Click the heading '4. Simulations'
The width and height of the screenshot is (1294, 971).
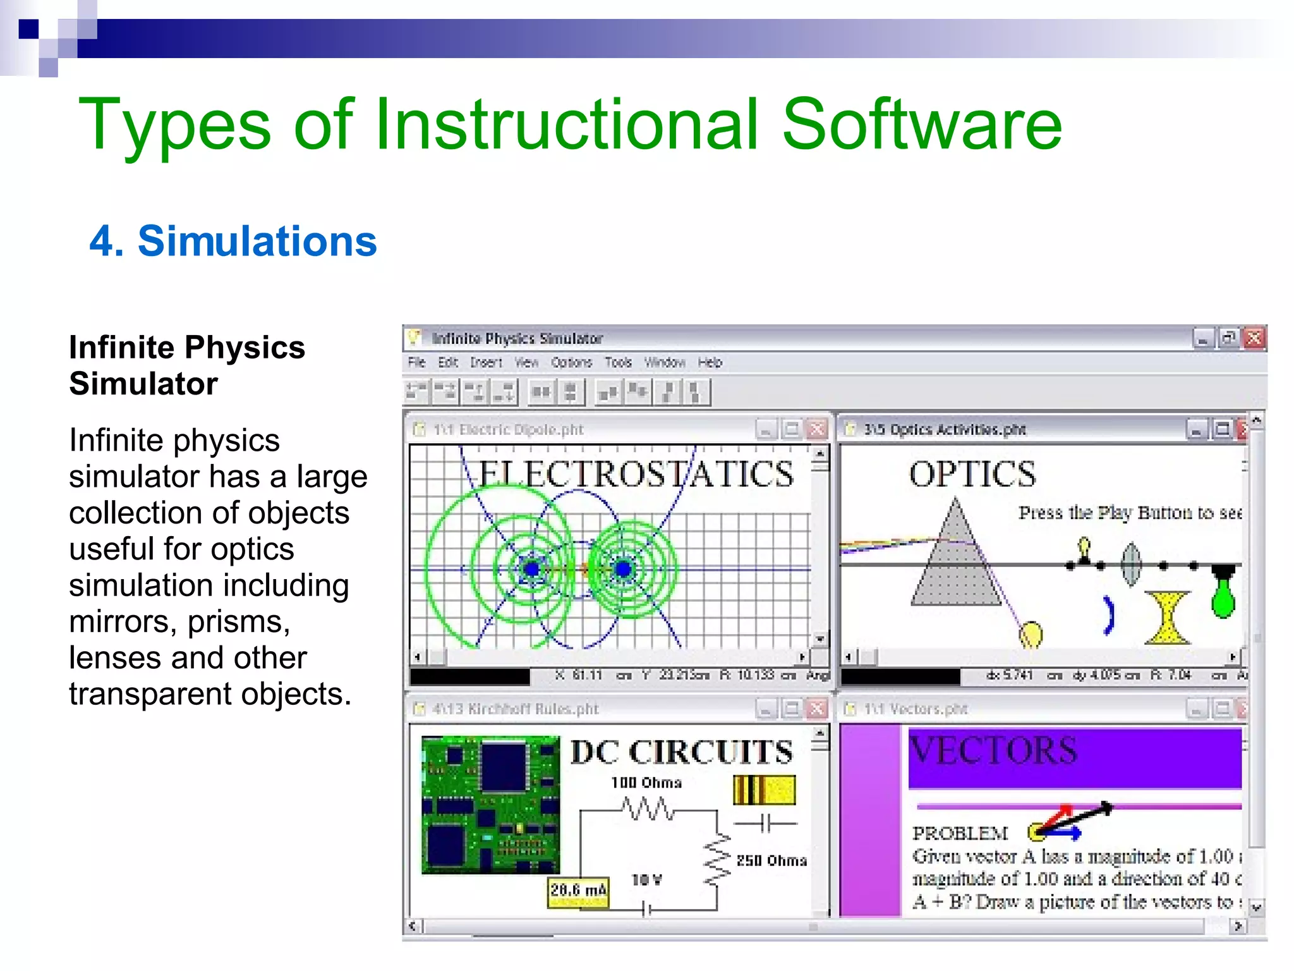click(x=233, y=241)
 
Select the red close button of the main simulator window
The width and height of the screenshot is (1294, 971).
click(x=1254, y=338)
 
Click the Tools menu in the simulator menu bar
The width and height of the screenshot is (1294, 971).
click(x=618, y=362)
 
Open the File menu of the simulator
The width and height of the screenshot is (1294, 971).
click(x=416, y=362)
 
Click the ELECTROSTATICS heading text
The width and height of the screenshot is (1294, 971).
click(x=636, y=474)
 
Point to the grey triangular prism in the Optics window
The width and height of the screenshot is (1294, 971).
click(x=955, y=563)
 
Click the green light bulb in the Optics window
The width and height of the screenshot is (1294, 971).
click(x=1223, y=597)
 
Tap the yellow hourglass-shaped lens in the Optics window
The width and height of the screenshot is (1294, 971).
click(x=1167, y=618)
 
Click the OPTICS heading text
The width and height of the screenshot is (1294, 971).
click(x=972, y=474)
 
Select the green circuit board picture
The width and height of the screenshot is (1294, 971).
click(x=490, y=804)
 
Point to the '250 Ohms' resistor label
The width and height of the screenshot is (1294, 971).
click(x=771, y=860)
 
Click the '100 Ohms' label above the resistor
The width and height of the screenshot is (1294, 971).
click(x=646, y=783)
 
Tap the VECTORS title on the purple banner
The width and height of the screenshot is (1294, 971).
click(x=993, y=751)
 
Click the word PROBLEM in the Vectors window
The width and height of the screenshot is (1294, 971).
click(x=960, y=833)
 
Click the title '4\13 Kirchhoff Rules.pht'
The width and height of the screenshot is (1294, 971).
click(x=515, y=709)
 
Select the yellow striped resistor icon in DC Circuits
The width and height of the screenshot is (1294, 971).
click(x=764, y=790)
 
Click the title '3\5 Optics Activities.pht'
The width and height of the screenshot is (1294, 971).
click(x=945, y=430)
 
